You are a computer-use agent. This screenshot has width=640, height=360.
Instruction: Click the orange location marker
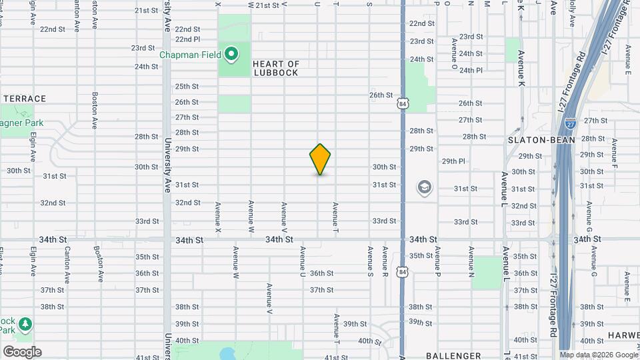320,159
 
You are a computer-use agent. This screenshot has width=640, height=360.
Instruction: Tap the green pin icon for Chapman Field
231,54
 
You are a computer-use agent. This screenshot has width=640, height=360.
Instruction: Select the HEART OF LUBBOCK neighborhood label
276,69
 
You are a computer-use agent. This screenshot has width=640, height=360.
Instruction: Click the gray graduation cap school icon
425,187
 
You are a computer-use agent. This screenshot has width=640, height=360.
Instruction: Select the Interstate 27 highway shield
571,123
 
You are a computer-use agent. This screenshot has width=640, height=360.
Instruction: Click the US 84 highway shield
402,104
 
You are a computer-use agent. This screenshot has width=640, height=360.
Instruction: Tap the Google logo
22,352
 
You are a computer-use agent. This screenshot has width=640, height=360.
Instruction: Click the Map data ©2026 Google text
599,355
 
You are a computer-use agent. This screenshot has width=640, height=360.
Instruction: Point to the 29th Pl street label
453,161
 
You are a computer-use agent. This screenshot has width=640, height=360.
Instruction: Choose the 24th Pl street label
471,70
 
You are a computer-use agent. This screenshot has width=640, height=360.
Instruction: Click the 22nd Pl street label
187,39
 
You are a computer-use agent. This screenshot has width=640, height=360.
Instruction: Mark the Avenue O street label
454,54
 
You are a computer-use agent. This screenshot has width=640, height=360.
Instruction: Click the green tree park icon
25,323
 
